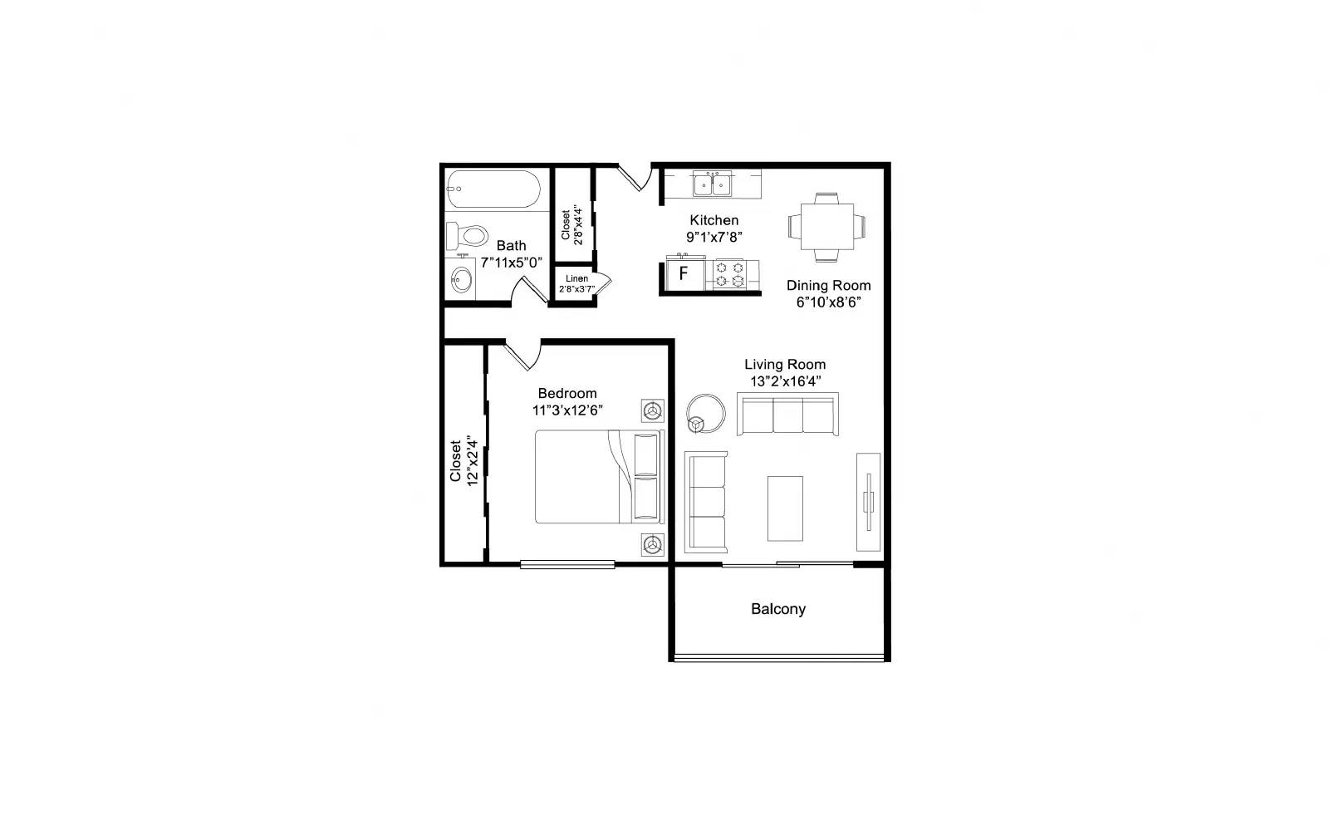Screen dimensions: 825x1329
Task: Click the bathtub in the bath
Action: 493,189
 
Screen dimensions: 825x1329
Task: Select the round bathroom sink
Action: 461,281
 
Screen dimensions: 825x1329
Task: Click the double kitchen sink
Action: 713,183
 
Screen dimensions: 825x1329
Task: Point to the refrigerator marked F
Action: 684,273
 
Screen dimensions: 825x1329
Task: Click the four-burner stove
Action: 731,274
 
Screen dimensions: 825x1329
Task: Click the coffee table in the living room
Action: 785,508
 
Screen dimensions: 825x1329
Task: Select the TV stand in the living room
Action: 869,502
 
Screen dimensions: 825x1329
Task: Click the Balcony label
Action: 778,609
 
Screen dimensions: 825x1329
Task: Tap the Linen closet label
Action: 576,278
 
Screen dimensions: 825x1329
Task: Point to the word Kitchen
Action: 714,220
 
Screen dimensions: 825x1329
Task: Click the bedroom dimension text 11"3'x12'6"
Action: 567,410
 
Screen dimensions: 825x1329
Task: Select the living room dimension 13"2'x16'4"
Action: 785,381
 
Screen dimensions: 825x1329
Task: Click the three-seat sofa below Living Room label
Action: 787,414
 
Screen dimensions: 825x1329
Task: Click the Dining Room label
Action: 828,286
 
